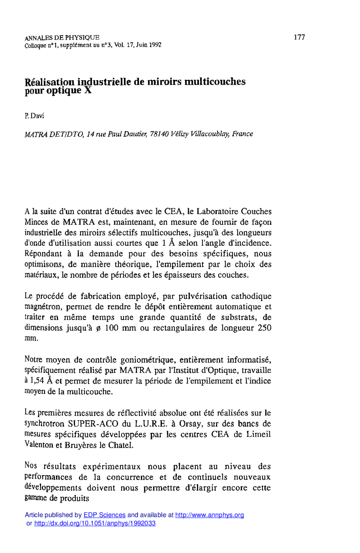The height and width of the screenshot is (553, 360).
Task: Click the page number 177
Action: (299, 37)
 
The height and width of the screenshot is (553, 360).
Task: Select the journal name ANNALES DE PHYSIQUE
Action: (62, 38)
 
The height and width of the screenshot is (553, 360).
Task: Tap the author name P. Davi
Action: (34, 116)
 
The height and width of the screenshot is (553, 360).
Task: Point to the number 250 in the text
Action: (264, 328)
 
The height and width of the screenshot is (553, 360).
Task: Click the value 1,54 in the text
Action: (37, 381)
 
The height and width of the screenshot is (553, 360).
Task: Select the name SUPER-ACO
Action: (94, 424)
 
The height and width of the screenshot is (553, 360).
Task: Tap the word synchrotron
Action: (44, 424)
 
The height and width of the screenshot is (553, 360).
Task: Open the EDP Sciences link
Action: (105, 515)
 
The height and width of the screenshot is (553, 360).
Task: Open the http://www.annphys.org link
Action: (209, 515)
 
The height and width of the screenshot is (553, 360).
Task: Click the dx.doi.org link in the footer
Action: (95, 523)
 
